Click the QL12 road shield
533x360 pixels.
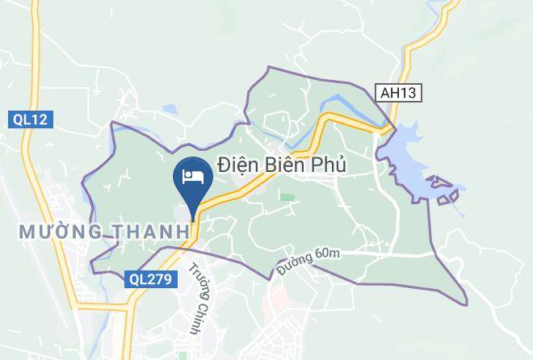tap(31, 119)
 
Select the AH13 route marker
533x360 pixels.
tap(400, 94)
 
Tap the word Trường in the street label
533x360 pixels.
tap(195, 278)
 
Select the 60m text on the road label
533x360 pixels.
tap(327, 254)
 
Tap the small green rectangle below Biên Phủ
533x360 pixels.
tap(287, 196)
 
